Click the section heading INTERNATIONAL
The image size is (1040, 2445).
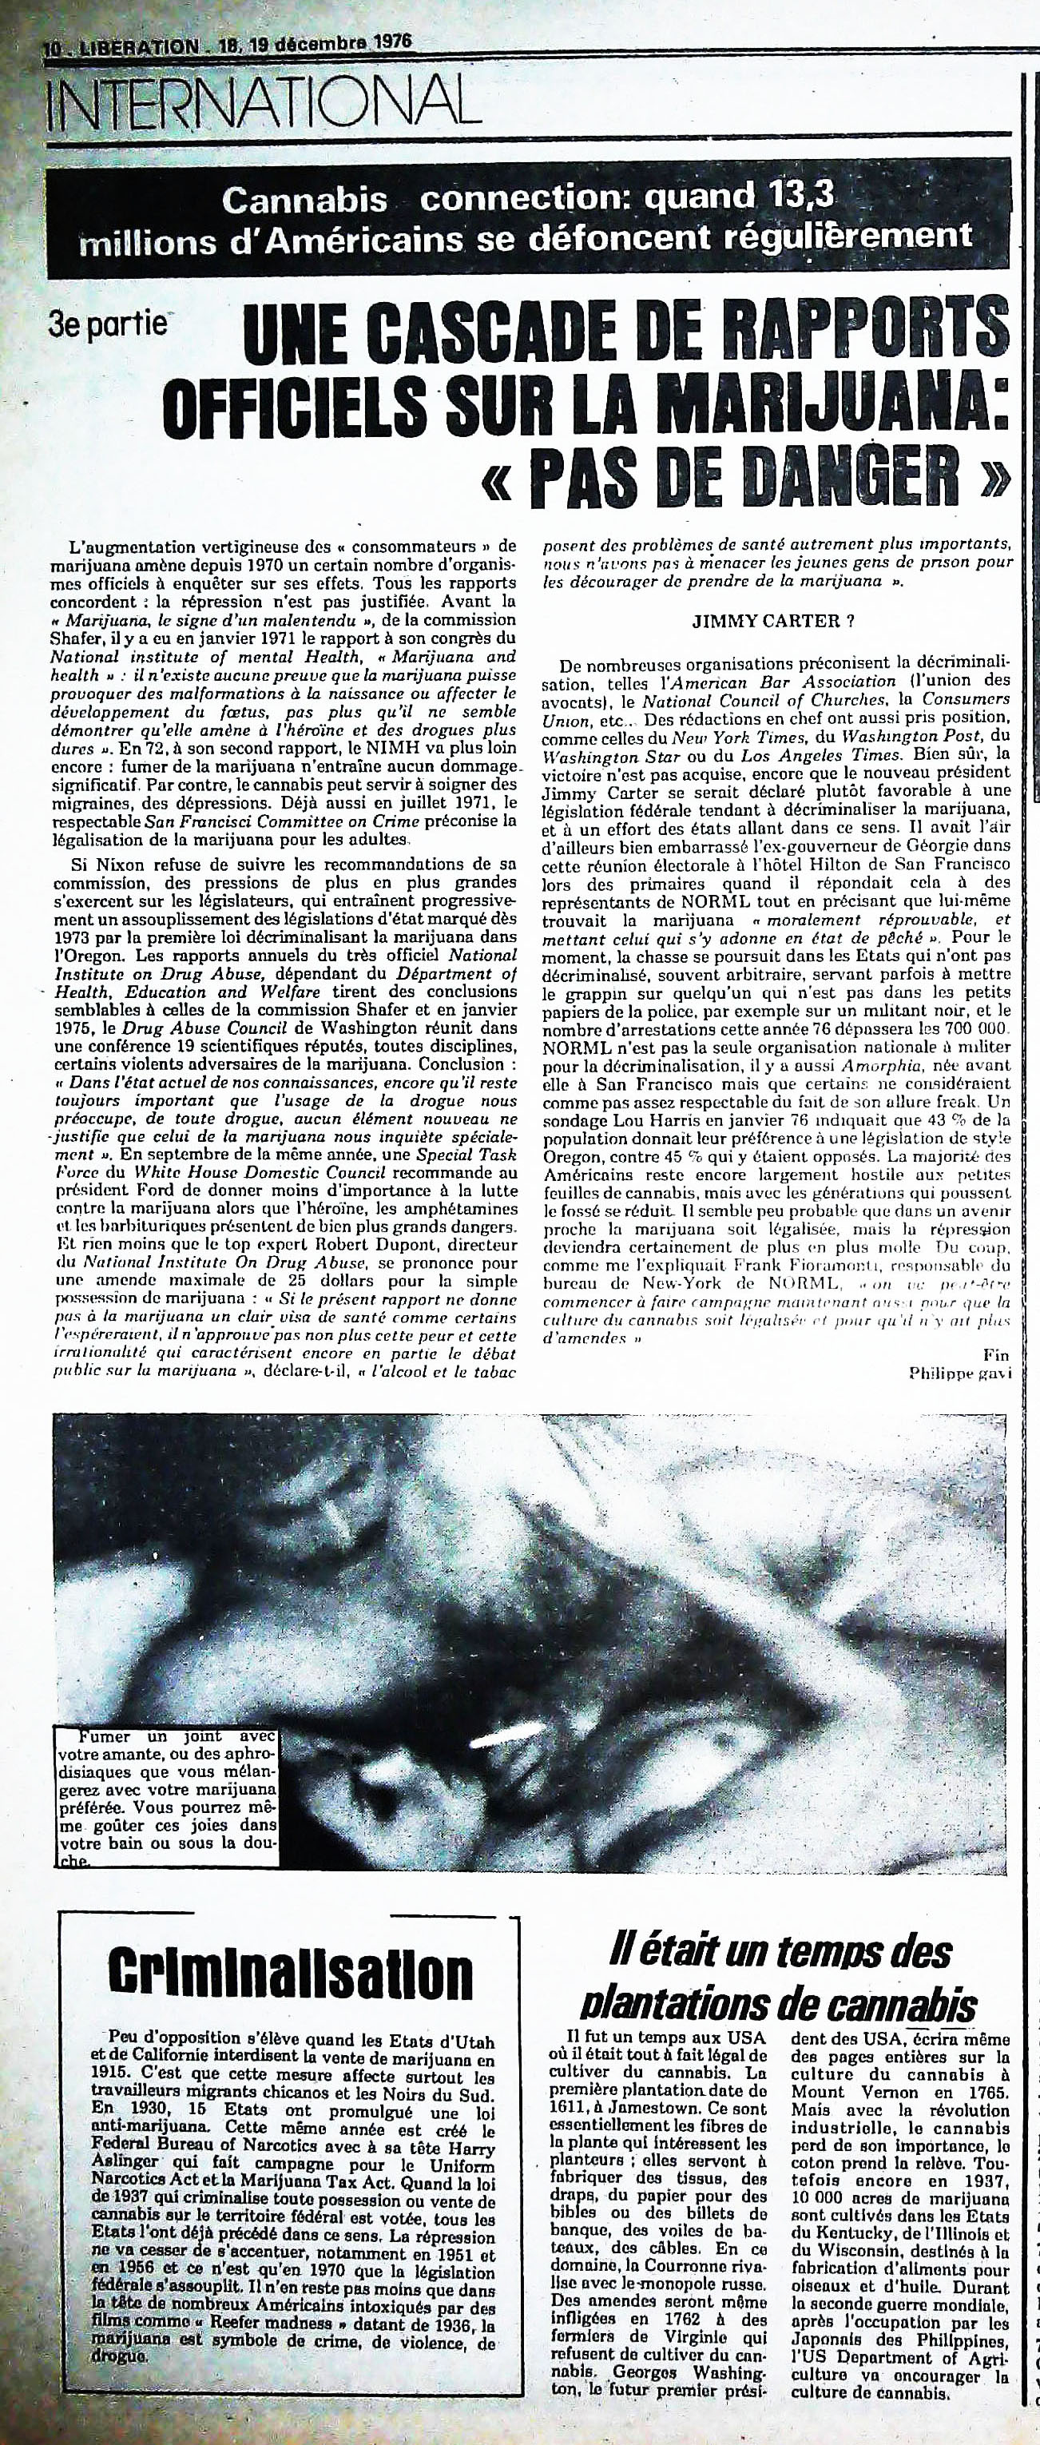coord(256,97)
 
